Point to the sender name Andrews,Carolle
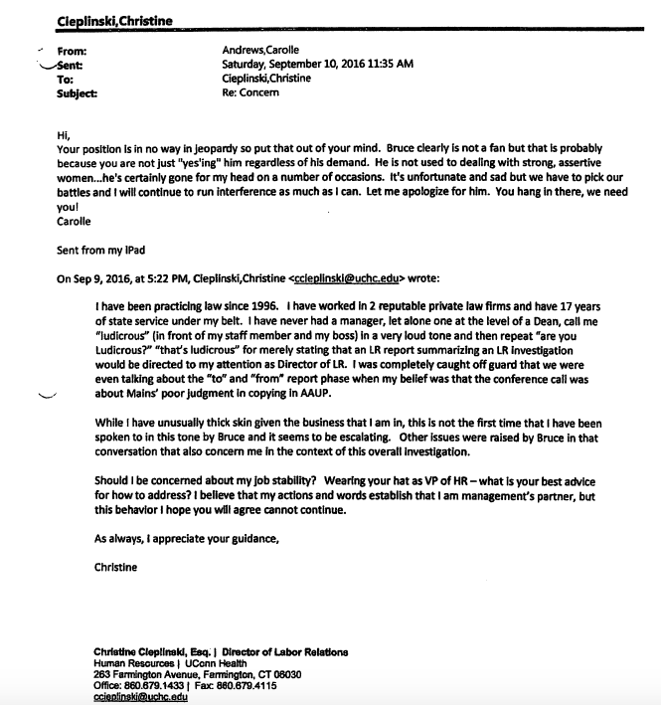coord(261,49)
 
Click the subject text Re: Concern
coord(251,92)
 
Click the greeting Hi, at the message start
coord(65,134)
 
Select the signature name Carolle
coord(75,223)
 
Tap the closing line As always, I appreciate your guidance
coord(187,538)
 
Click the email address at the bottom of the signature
coord(139,696)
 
